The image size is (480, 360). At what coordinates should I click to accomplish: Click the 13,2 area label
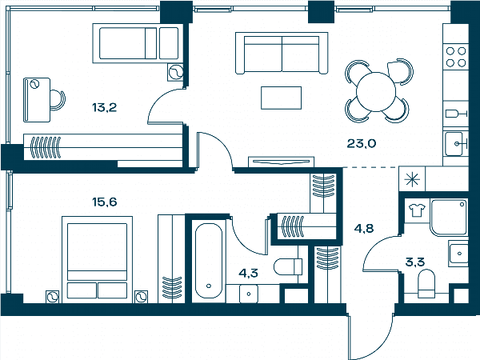pos(104,107)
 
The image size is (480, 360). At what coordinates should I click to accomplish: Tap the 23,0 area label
pos(362,143)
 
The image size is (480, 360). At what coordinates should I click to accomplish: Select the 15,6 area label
pos(104,202)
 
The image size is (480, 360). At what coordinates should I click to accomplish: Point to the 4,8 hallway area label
pos(364,228)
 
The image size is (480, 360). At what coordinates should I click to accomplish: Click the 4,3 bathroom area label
pos(248,273)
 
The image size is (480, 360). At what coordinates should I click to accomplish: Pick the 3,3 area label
pos(414,262)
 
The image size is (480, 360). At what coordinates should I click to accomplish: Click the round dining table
pos(376,92)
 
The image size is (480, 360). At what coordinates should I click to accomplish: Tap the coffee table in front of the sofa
pos(281,98)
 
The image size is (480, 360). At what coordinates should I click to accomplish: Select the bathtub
pos(209,261)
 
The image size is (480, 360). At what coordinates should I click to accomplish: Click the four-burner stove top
pos(456,57)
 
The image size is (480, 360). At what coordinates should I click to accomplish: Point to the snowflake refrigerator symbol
pos(412,179)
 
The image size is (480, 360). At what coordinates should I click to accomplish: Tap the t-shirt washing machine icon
pos(417,210)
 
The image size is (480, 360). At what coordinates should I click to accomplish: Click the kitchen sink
pos(454,144)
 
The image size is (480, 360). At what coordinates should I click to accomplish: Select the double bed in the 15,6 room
pos(97,259)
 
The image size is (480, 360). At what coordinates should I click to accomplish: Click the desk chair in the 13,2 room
pos(58,100)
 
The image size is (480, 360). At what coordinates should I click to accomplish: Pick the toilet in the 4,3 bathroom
pos(288,267)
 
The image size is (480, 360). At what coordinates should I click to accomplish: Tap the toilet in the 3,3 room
pos(426,283)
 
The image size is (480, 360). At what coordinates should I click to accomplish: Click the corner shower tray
pos(449,218)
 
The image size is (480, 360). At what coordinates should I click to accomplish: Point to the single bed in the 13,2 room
pos(138,43)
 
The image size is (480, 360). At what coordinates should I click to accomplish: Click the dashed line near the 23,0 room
pos(371,167)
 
